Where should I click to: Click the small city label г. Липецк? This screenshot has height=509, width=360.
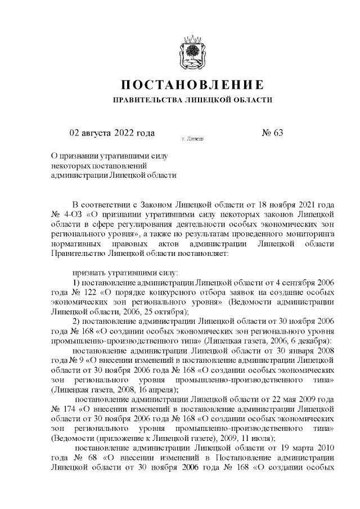[x=192, y=138]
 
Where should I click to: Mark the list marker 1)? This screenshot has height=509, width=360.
[x=79, y=281]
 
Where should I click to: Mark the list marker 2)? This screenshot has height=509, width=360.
[x=79, y=321]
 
